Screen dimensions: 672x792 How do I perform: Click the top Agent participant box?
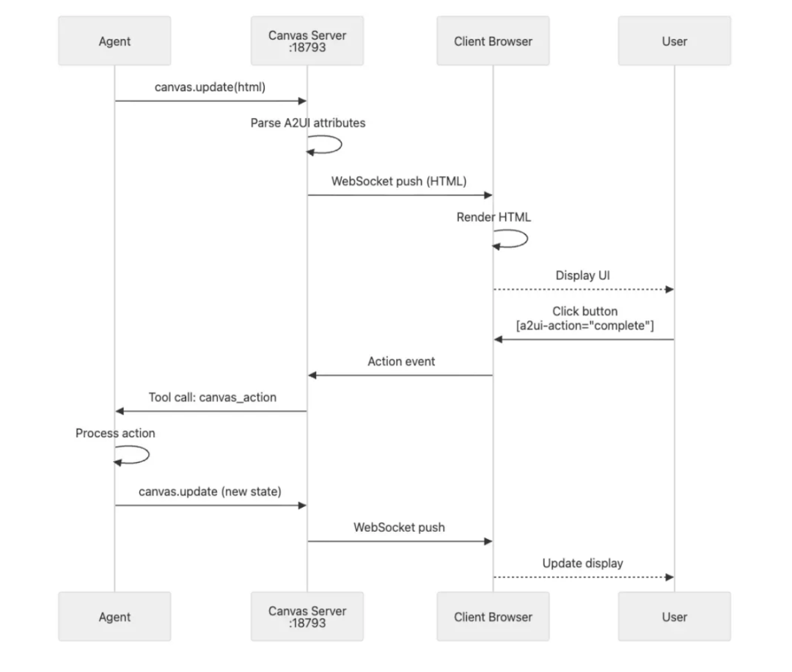114,41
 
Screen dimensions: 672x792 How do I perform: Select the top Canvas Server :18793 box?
307,41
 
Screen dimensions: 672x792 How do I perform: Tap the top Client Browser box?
493,41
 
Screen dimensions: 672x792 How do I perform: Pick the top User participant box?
674,41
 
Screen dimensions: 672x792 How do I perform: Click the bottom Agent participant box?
114,617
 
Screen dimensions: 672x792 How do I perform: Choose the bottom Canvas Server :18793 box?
307,617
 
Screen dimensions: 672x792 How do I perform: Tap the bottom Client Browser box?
493,617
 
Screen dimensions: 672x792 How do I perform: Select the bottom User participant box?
674,617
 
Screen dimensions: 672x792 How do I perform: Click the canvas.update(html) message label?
210,87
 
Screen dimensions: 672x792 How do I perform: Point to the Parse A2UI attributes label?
307,123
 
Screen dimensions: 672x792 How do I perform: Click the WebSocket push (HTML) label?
399,181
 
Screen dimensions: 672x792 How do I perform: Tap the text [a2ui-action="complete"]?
584,325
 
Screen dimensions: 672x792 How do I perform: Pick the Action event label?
401,362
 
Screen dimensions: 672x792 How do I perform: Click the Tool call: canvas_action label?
213,398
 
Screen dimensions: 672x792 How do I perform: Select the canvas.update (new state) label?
210,492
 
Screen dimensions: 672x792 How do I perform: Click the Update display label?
582,563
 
